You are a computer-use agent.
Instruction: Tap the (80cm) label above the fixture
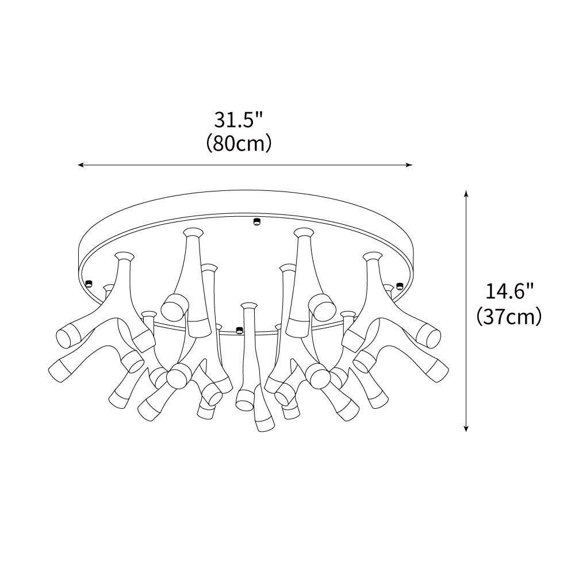point(239,144)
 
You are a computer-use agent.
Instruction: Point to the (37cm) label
point(509,316)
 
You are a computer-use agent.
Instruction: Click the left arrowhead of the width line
point(81,165)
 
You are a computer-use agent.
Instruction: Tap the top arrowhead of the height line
point(466,194)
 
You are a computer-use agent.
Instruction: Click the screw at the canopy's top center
point(256,221)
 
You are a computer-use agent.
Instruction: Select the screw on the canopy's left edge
point(89,283)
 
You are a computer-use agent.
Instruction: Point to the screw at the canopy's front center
point(239,329)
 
